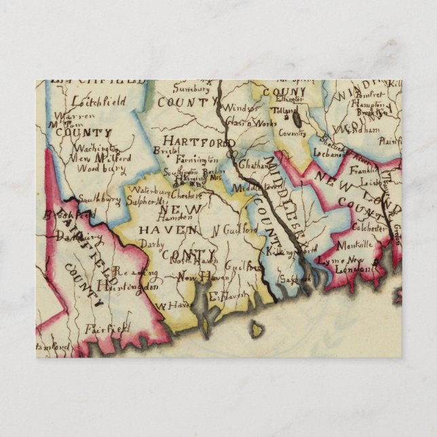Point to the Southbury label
coord(99,199)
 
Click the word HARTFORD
coord(199,141)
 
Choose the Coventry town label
coord(292,134)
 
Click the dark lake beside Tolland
coord(297,119)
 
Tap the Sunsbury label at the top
coord(188,88)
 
